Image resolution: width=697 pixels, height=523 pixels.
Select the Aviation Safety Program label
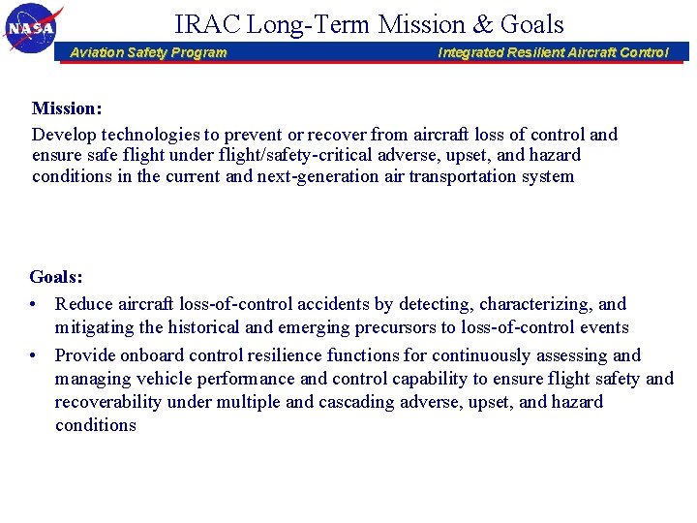(x=148, y=52)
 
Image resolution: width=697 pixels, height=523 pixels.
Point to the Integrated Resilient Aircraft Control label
(x=553, y=52)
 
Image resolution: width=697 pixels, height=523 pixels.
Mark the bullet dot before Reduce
(x=35, y=305)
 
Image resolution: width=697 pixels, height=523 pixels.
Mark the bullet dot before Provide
(x=35, y=355)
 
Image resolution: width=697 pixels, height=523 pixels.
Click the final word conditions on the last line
(x=96, y=425)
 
